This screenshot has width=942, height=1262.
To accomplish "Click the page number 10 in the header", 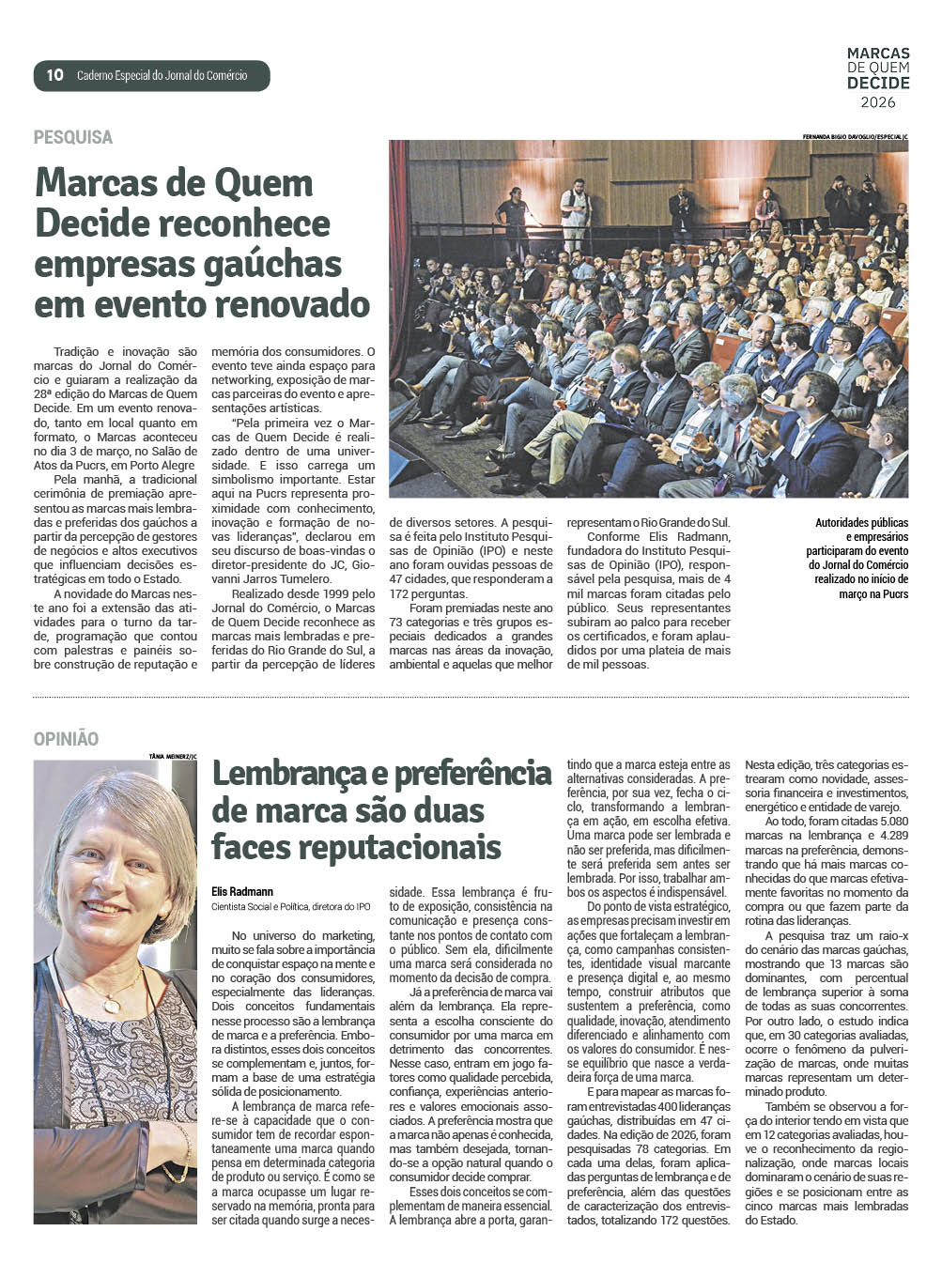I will tap(54, 75).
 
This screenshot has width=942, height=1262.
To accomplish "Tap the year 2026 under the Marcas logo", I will tap(878, 101).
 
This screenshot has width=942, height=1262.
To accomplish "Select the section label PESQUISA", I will tap(73, 137).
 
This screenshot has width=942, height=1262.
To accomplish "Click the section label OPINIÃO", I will tap(66, 739).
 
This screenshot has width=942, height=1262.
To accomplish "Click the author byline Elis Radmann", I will tap(242, 891).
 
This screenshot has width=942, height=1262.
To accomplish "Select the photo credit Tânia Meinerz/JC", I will tap(173, 755).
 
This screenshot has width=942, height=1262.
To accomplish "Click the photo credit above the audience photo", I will tap(855, 136).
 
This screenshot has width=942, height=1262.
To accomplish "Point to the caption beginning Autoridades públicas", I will tap(861, 523).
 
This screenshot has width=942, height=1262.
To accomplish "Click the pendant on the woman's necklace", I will tap(111, 1005).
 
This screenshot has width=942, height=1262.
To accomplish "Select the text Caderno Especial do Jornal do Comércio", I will tap(162, 75).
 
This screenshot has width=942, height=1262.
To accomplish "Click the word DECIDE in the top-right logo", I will tap(878, 83).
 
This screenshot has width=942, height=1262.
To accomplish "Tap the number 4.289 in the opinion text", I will tap(889, 836).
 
